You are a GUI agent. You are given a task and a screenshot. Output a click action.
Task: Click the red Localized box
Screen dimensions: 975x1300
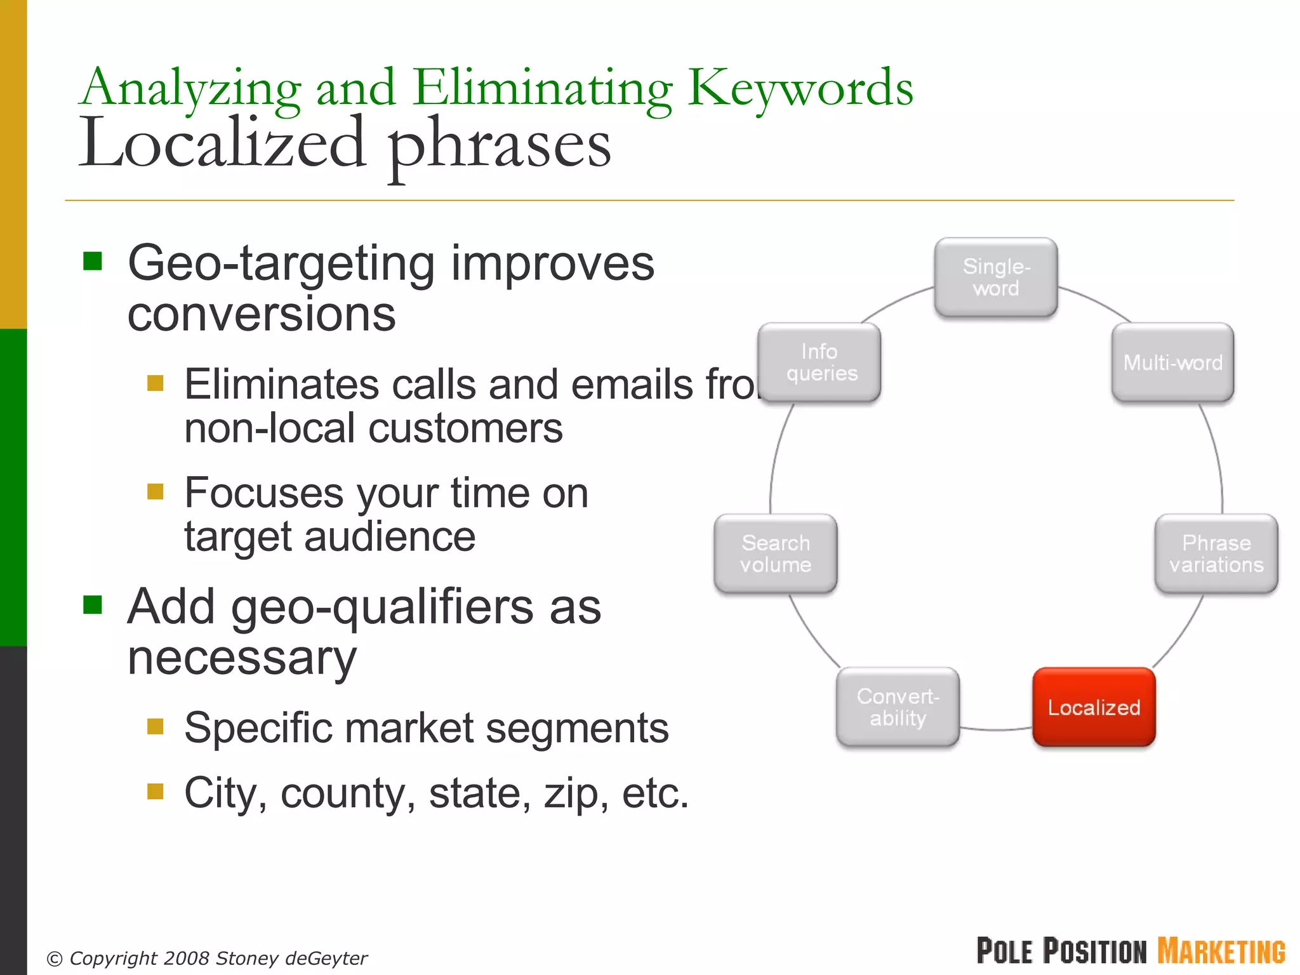point(1094,706)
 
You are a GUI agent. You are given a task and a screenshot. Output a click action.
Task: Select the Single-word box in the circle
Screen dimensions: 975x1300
point(996,277)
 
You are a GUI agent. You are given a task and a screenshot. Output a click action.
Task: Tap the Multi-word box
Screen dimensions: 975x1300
point(1172,362)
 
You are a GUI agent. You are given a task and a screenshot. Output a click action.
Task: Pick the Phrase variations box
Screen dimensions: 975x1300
point(1216,554)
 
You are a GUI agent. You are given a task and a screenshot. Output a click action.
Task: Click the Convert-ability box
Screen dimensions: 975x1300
point(898,706)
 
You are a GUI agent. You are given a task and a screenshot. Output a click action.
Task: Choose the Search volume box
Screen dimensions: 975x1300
point(775,554)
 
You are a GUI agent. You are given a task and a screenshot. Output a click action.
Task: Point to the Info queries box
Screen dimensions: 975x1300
point(819,362)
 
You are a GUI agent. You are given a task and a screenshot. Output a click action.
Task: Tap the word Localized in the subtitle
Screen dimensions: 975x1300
point(222,145)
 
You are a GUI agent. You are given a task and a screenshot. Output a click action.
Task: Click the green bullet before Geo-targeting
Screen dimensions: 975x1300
point(93,261)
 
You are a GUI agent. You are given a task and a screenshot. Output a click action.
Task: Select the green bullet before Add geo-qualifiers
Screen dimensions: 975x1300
point(93,605)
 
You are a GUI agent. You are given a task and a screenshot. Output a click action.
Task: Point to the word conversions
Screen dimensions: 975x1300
point(261,315)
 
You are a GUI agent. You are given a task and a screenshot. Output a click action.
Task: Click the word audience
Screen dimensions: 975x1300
point(390,538)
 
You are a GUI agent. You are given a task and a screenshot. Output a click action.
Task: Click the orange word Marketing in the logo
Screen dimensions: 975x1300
point(1221,952)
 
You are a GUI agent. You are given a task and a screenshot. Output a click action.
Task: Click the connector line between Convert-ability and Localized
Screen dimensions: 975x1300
point(995,730)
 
